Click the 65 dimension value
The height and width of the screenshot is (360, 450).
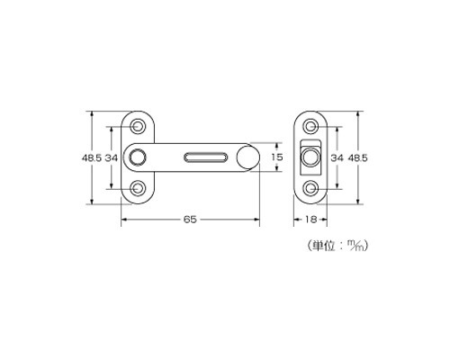[190, 220]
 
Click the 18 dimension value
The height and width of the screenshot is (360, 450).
[310, 220]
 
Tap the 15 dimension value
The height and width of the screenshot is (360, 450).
[277, 157]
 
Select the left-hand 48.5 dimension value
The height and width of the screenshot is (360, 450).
[92, 157]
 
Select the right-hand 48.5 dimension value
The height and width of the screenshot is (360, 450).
[357, 157]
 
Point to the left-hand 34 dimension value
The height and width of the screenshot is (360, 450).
[112, 157]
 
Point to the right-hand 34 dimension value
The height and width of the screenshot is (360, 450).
[337, 157]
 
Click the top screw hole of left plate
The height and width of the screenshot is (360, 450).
[138, 126]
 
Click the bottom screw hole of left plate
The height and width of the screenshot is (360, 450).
[138, 188]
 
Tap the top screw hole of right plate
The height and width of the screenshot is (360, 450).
[310, 126]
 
